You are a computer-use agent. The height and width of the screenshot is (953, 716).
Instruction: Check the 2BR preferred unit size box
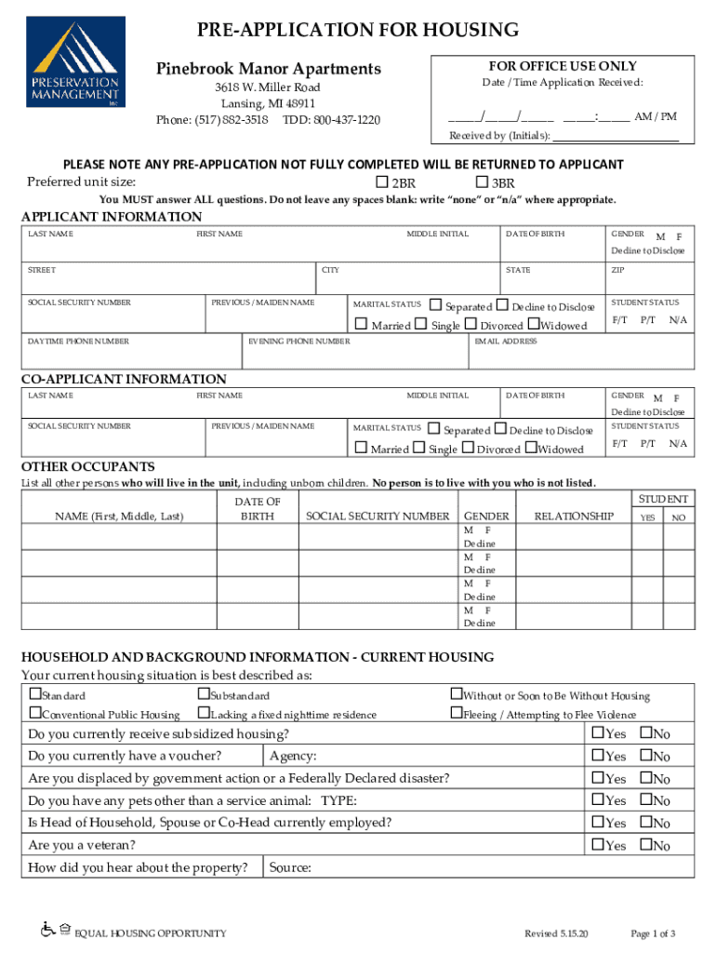point(381,181)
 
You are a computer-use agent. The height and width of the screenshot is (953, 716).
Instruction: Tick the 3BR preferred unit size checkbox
point(482,181)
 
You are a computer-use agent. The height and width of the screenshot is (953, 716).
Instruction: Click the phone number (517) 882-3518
point(212,120)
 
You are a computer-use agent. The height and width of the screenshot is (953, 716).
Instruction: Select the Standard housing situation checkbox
point(35,694)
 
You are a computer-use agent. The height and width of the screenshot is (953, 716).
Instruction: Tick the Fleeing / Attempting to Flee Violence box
point(456,713)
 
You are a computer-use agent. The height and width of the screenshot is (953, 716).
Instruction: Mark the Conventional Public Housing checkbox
point(35,713)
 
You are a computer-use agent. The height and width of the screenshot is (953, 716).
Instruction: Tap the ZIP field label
point(617,271)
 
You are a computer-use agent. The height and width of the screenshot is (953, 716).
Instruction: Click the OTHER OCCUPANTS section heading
point(88,466)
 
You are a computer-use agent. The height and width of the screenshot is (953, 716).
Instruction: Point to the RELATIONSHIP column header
point(574,516)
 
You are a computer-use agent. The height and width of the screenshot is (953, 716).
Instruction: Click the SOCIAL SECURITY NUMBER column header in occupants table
point(378,516)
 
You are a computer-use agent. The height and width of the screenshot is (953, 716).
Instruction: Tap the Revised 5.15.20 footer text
point(550,933)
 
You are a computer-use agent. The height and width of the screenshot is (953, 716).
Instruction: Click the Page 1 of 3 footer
point(653,933)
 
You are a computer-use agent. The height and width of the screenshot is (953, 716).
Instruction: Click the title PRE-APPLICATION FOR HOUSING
point(358,31)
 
